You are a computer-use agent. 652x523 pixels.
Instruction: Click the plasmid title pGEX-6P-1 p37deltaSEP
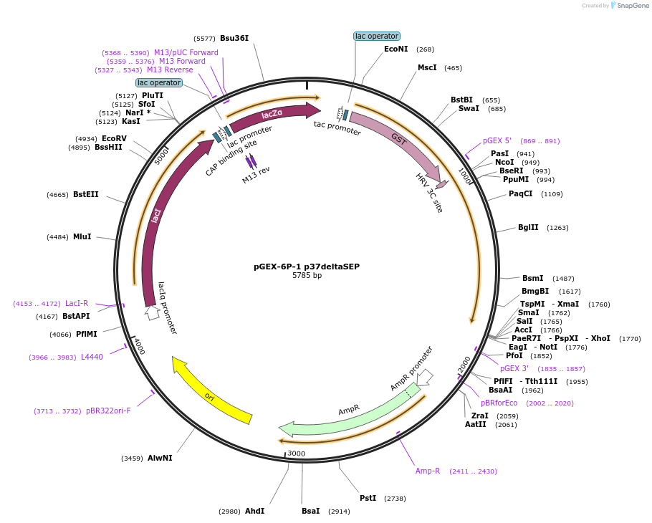click(x=307, y=267)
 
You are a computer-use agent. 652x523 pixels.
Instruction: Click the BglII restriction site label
click(x=528, y=228)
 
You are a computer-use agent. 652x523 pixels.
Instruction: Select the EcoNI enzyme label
click(x=395, y=49)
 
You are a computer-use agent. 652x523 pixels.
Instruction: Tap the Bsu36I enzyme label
click(x=234, y=38)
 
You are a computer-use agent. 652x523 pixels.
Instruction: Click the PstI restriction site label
click(x=368, y=498)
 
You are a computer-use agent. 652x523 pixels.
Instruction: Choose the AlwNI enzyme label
click(x=160, y=458)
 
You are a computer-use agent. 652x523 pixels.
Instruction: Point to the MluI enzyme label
click(x=82, y=237)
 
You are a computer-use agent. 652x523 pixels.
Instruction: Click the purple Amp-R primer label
click(x=428, y=471)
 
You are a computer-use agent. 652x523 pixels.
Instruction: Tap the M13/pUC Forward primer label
click(x=186, y=52)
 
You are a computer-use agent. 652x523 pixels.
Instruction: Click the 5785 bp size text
click(x=307, y=276)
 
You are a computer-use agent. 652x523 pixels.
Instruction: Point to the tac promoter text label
click(x=337, y=128)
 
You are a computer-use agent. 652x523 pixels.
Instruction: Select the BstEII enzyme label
click(x=86, y=194)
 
